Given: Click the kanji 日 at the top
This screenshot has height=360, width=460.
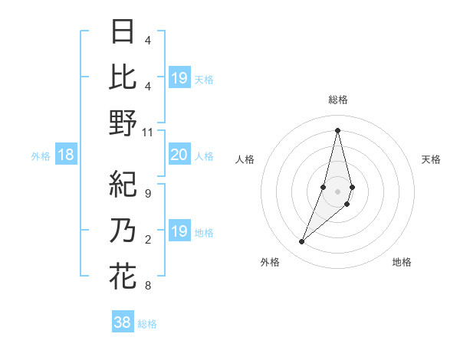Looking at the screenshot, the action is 123,32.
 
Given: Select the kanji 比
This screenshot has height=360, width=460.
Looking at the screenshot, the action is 123,77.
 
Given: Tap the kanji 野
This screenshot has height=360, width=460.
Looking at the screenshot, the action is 123,123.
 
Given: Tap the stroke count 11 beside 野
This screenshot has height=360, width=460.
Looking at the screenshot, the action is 148,132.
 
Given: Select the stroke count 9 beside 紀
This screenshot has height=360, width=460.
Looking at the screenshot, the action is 148,194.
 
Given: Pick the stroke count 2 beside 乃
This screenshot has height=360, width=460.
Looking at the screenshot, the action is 148,240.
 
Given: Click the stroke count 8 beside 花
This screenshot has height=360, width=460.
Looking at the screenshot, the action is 148,286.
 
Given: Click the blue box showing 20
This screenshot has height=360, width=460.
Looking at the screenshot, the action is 179,155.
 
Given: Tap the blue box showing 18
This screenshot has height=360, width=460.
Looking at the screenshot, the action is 66,155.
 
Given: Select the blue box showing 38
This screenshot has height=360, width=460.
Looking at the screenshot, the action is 123,322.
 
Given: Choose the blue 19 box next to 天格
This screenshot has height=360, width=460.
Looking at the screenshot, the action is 179,77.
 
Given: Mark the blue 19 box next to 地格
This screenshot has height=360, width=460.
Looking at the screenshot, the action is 179,231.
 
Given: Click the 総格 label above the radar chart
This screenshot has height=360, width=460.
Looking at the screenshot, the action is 338,100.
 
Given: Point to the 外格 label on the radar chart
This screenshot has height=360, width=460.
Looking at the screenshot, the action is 270,262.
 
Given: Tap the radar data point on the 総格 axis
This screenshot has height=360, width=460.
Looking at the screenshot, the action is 338,129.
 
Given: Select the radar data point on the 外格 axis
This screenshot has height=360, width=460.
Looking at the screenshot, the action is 302,242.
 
